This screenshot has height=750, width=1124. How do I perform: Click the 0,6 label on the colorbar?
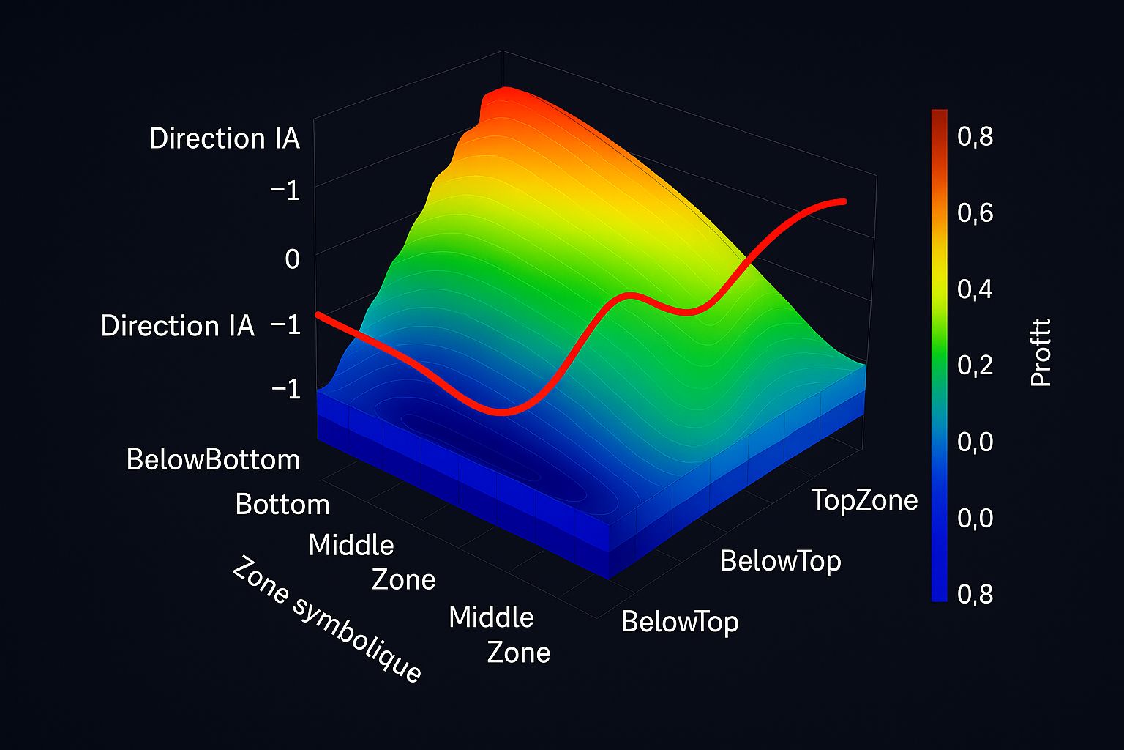coord(975,212)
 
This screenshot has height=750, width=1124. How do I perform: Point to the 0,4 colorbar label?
coord(975,289)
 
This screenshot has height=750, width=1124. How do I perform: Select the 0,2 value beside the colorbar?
coord(975,364)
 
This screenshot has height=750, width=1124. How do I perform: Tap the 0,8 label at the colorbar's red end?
coord(975,136)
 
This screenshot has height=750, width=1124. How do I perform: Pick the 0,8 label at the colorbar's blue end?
coord(975,593)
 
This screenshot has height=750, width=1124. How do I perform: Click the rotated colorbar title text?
coord(1040,352)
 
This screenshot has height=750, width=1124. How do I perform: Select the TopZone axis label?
coord(864,500)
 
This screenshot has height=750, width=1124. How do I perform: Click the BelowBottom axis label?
coord(213,460)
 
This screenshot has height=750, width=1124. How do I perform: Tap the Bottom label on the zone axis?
coord(282,505)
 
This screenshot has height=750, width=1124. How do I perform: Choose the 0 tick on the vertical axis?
coord(292,259)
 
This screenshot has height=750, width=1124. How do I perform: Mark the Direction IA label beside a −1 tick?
coord(178,326)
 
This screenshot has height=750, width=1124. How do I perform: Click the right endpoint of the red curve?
coord(844,201)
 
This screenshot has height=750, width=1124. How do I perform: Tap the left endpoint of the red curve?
coord(318,315)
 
